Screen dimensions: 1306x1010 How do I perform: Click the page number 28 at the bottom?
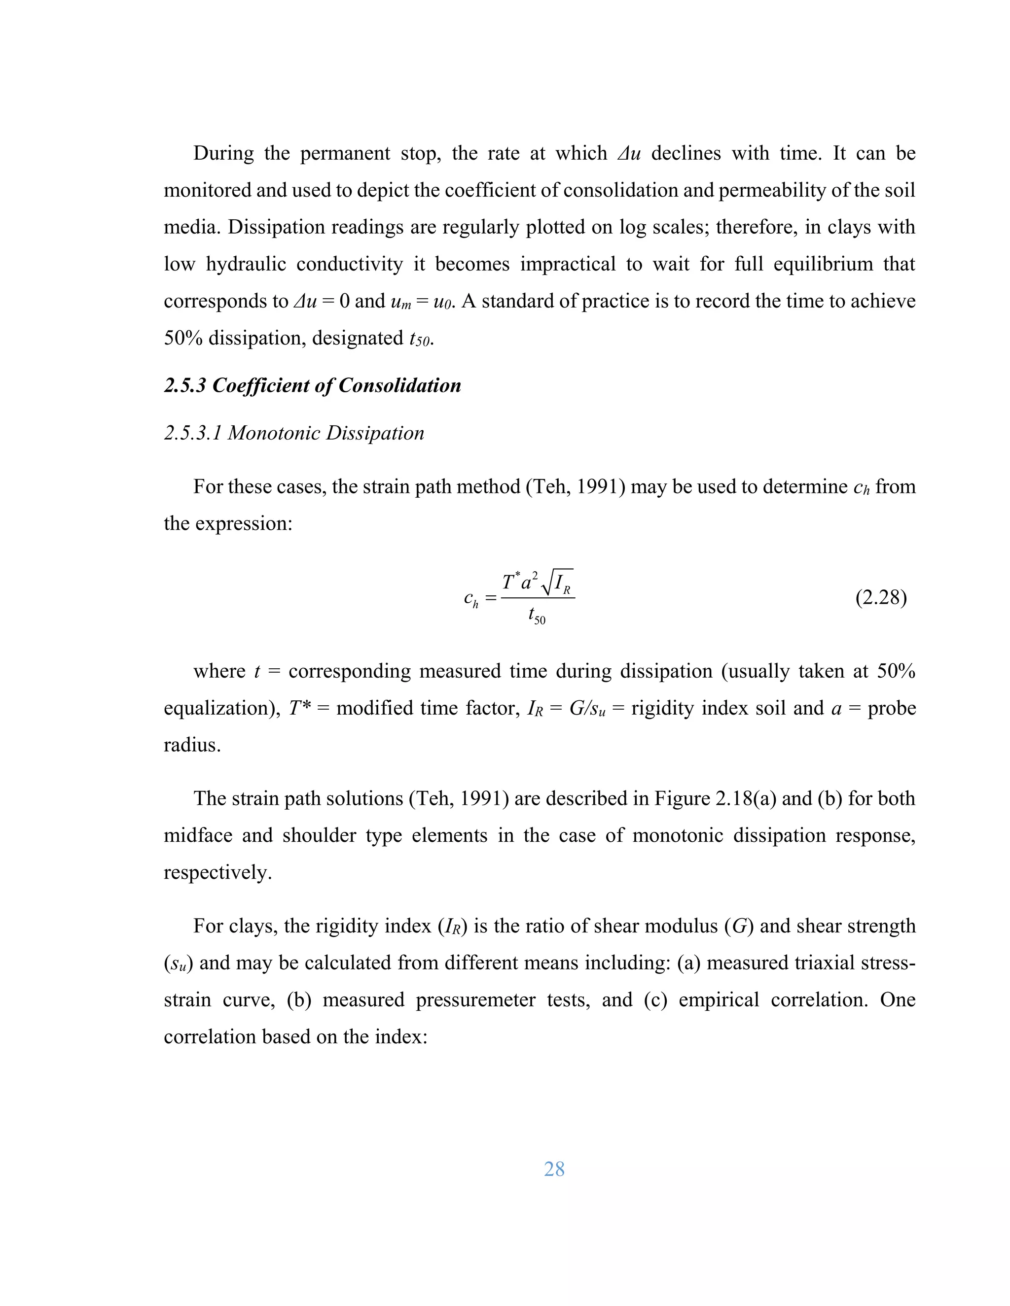(554, 1169)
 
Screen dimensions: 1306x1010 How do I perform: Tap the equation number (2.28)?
(881, 597)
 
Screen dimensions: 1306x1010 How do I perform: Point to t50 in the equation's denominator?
(537, 616)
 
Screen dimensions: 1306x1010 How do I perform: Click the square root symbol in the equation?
(546, 583)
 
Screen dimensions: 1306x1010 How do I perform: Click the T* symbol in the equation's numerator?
(510, 581)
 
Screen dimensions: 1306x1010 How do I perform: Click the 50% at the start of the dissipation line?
(183, 339)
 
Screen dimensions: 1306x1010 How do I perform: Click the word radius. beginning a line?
(192, 745)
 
